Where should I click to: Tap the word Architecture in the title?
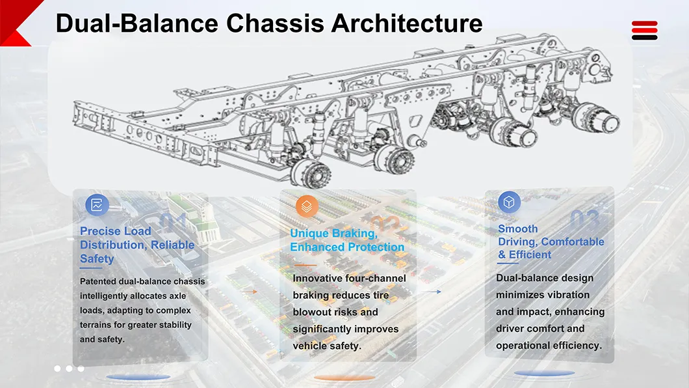[407, 23]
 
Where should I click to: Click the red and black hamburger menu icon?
[645, 31]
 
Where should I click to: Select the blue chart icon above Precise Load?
[97, 204]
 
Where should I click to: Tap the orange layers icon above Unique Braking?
[307, 206]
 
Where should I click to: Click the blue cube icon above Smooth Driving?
[510, 202]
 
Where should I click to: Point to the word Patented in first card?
[98, 281]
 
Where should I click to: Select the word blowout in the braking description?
[311, 312]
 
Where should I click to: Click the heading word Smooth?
[517, 229]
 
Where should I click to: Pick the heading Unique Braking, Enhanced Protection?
[347, 240]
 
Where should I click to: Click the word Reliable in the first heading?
[172, 245]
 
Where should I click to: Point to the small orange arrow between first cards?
[250, 292]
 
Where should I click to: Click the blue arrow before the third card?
[432, 292]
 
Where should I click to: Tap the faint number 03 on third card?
[585, 219]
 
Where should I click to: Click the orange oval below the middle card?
[344, 378]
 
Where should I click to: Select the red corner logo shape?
[19, 22]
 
